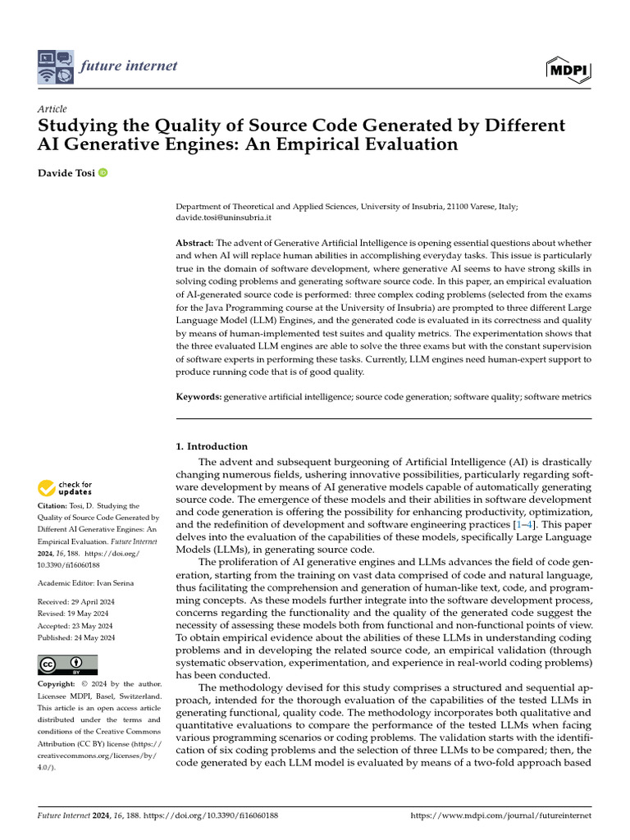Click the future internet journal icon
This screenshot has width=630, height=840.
pyautogui.click(x=56, y=67)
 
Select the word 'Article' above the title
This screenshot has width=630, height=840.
pyautogui.click(x=52, y=109)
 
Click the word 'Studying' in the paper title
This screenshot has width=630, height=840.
pyautogui.click(x=78, y=126)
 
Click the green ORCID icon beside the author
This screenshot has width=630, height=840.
pyautogui.click(x=103, y=172)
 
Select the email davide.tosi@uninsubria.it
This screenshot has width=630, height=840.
pyautogui.click(x=224, y=219)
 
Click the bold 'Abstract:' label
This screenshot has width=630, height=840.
pyautogui.click(x=195, y=244)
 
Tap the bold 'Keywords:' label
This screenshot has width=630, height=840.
pyautogui.click(x=199, y=397)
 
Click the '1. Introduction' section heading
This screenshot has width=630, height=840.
pyautogui.click(x=212, y=446)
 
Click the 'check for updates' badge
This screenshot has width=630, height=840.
pyautogui.click(x=65, y=489)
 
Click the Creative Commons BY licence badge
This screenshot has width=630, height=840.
pyautogui.click(x=68, y=664)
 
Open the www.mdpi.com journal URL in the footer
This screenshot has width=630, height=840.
pyautogui.click(x=500, y=816)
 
